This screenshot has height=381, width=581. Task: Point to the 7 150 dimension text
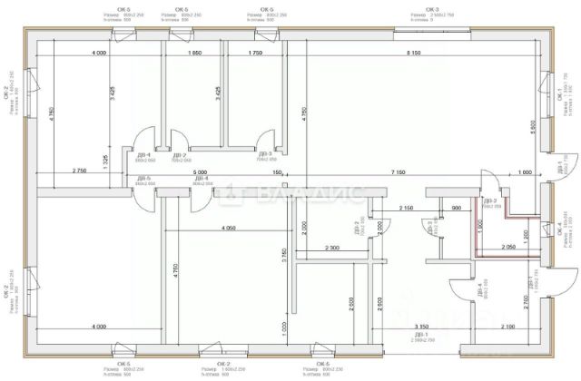[x=399, y=171]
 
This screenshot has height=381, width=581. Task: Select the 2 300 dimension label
[x=330, y=248]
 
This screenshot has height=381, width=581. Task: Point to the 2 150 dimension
[x=407, y=209]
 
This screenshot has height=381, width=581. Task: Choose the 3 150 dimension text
[x=421, y=326]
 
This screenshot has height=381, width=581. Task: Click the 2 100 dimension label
[x=507, y=326]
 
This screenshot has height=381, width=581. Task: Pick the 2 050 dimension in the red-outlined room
[x=509, y=247]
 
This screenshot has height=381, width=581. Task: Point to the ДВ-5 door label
[x=143, y=179]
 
